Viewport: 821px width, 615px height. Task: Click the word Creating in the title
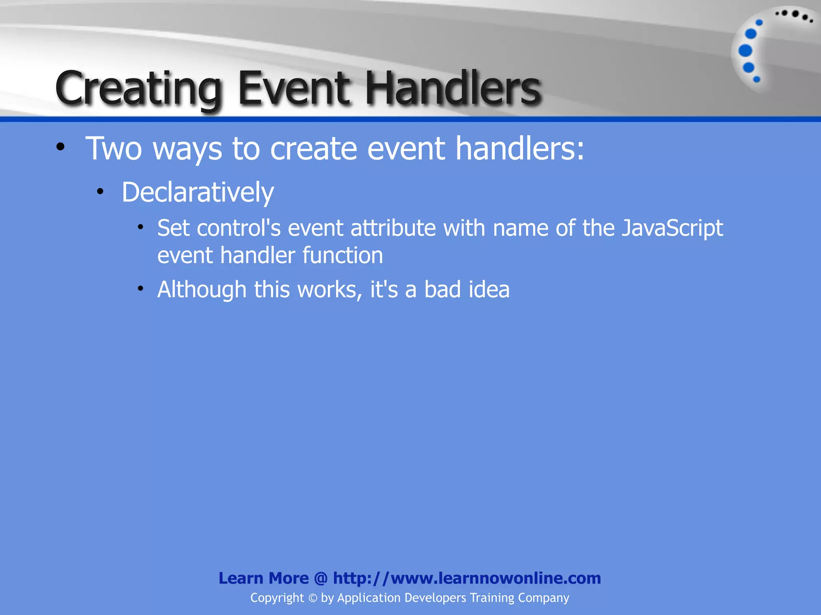point(138,89)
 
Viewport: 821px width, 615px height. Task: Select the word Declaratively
point(198,193)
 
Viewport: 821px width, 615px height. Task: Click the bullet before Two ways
point(61,147)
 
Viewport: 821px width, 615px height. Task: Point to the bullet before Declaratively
point(100,192)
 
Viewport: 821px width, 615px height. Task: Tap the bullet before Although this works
point(140,288)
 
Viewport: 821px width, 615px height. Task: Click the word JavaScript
point(672,228)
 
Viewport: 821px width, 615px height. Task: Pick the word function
point(343,255)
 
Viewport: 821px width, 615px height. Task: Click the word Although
point(202,289)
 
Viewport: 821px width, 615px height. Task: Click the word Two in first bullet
point(114,149)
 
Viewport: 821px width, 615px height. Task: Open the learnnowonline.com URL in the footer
point(467,578)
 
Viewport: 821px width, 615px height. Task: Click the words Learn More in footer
point(263,578)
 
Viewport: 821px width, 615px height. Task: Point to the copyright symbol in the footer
point(313,598)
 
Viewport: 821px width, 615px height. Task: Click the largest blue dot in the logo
point(745,51)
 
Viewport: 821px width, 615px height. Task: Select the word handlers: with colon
point(520,149)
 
